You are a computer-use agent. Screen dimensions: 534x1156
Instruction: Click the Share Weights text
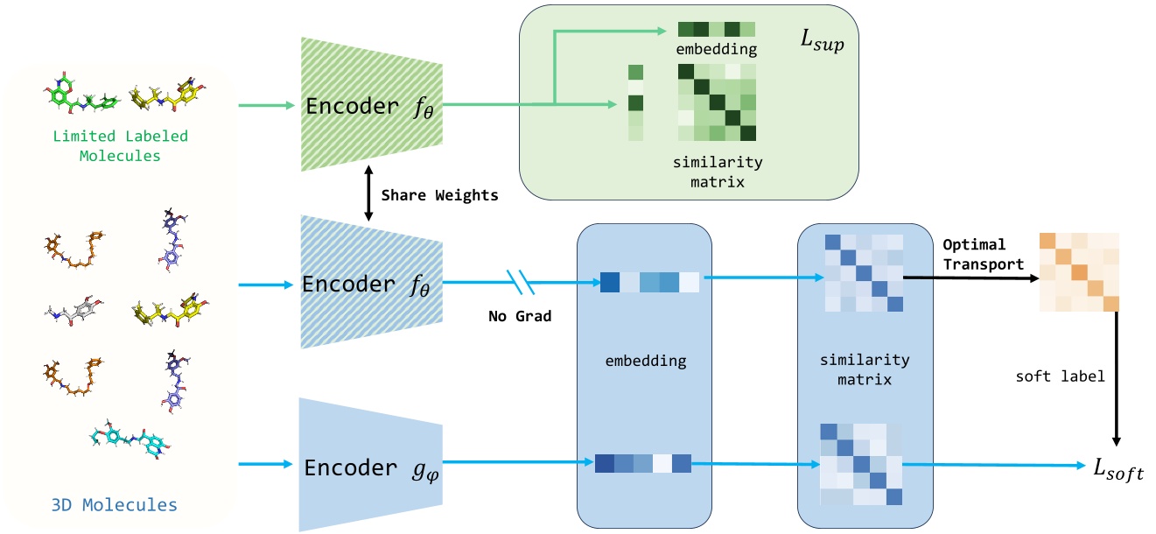point(440,195)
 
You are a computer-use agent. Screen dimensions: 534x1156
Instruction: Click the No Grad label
point(520,316)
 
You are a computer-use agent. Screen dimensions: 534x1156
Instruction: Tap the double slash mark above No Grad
point(520,283)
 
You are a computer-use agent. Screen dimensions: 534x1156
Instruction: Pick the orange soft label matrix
point(1079,272)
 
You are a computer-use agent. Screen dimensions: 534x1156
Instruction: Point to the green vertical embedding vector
point(635,102)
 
